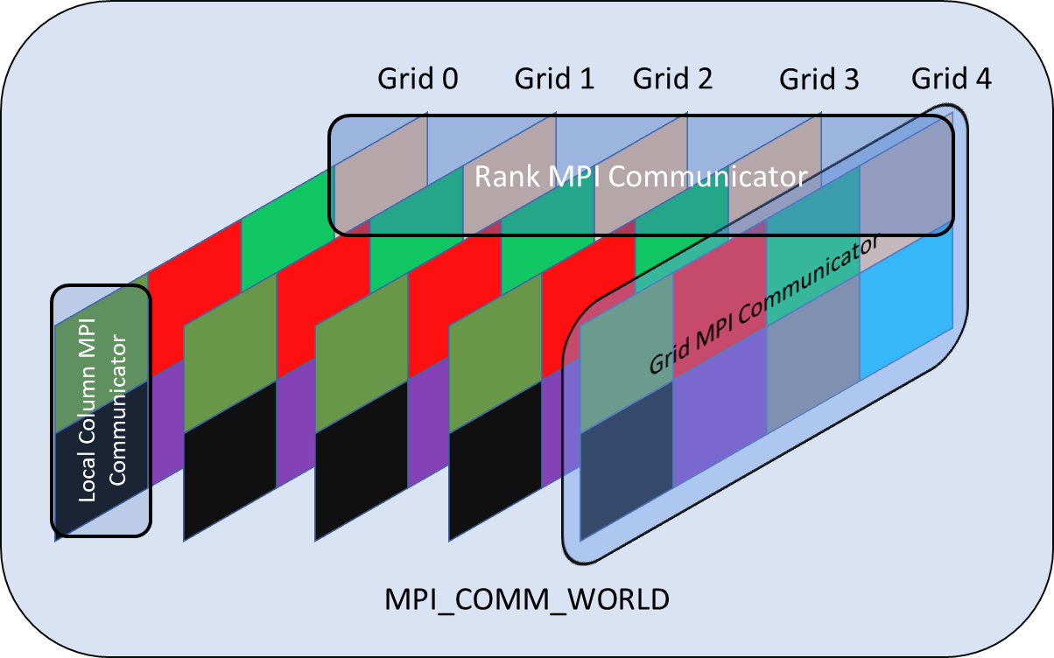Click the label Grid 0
click(x=418, y=80)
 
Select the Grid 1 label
click(x=554, y=80)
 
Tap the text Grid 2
click(x=672, y=80)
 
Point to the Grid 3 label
click(x=819, y=80)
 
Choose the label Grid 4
click(x=952, y=80)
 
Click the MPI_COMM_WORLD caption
click(x=527, y=599)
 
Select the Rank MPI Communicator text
click(x=639, y=177)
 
